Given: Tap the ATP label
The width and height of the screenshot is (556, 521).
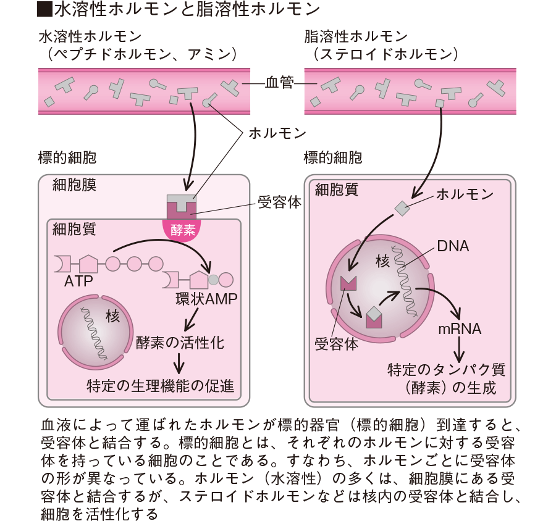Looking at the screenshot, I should point(78,281).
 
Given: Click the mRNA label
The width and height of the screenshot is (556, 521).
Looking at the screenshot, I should point(460,328).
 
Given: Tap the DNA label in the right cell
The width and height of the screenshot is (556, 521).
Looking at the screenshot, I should point(452,246).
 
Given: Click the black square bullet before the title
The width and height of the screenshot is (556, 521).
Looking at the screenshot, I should point(44,10).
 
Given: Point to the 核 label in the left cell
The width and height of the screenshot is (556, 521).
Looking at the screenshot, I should point(112,317).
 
